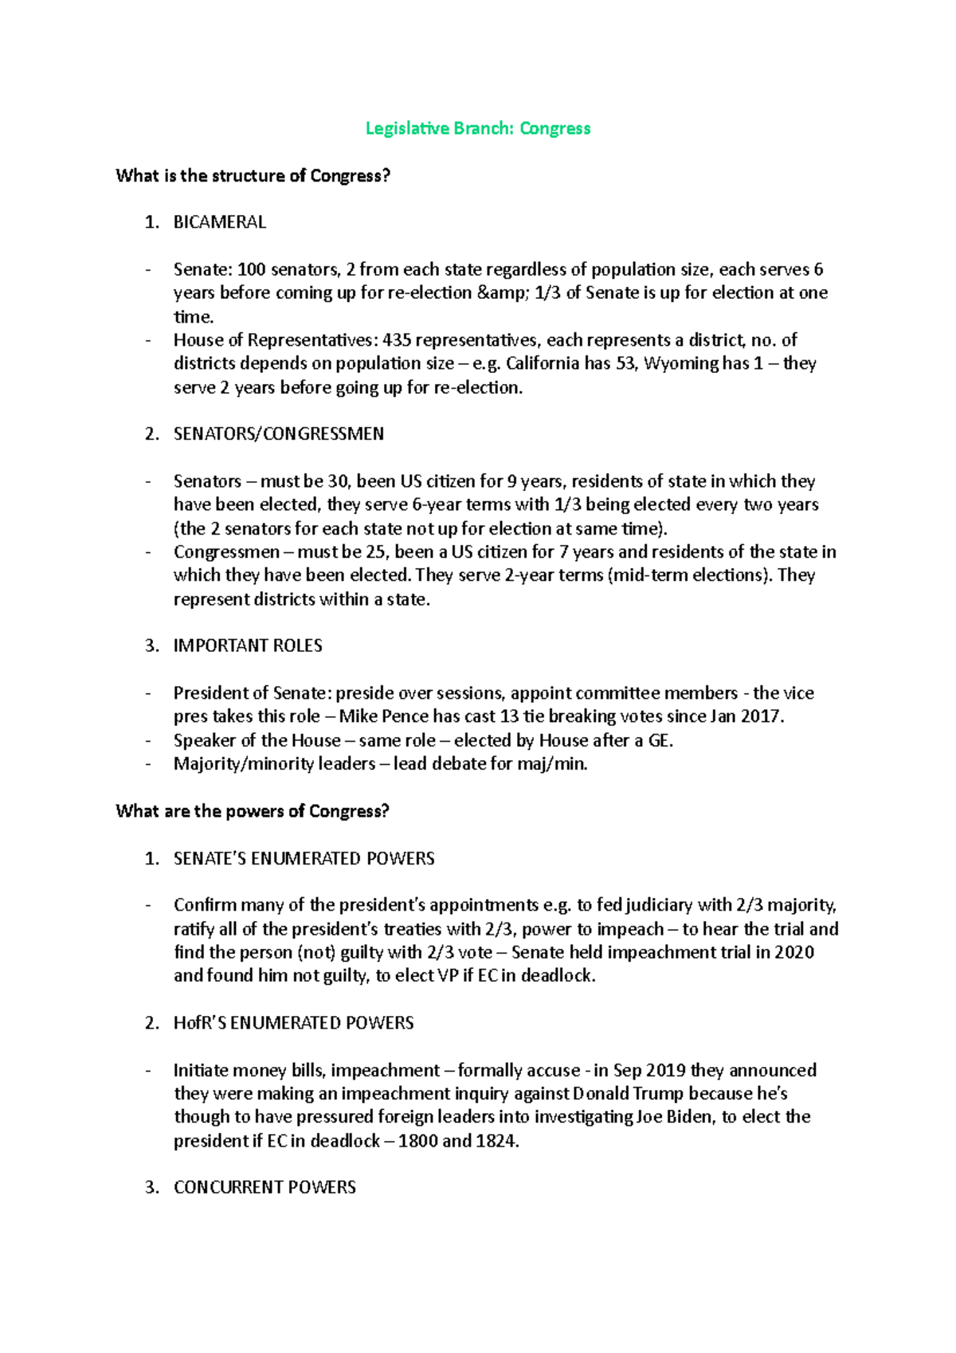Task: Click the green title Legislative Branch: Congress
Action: click(477, 128)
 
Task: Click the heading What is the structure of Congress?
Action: click(253, 175)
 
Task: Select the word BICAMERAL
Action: click(219, 222)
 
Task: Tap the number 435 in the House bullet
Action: click(397, 340)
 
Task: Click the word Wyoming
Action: click(680, 364)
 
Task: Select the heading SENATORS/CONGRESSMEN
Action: click(278, 434)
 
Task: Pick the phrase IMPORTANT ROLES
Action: click(248, 645)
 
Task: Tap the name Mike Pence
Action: click(383, 716)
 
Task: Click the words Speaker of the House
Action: click(257, 740)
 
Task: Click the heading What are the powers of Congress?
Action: click(252, 811)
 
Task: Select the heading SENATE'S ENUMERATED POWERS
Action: click(304, 859)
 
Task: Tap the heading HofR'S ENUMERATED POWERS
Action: click(293, 1023)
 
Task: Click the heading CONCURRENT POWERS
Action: click(264, 1187)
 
